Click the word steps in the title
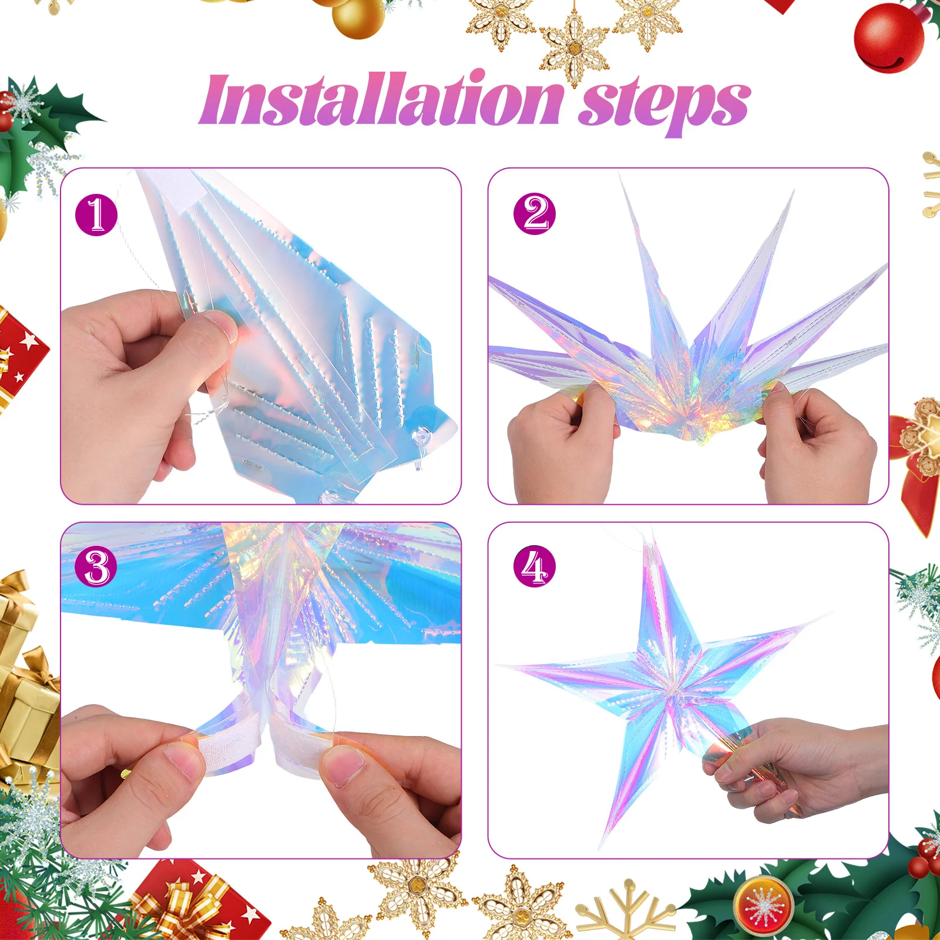pos(664,105)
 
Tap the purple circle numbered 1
pos(96,215)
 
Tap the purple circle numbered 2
pos(534,214)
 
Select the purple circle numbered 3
pos(96,567)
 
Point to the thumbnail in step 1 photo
pos(220,326)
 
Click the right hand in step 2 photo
pos(820,446)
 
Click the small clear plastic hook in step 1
pos(422,441)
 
